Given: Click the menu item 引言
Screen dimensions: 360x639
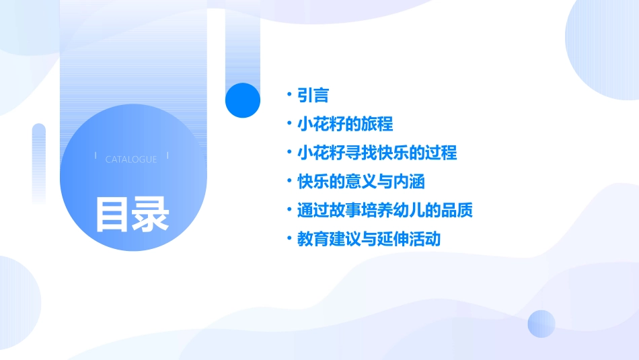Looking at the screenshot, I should pos(313,96).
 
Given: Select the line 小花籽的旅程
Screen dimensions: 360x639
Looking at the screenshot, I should pos(345,124).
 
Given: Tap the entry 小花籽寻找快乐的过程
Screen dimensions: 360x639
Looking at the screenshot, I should pos(377,153).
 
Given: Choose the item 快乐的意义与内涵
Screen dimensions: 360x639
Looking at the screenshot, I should pos(361,182).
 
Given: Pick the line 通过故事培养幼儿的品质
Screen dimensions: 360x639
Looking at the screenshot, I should pos(385,211).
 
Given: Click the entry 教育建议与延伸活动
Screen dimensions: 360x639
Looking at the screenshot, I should pos(369,239).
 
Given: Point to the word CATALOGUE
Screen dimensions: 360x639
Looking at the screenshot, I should pos(131,159).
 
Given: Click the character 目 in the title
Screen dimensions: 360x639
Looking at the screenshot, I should pos(112,215).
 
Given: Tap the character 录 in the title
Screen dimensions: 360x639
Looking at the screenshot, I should pos(151,215).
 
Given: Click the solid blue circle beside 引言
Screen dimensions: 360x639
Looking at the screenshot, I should pos(243,100).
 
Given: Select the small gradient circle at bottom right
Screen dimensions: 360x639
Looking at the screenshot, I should pos(541,324).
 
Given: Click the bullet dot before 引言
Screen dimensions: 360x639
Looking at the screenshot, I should pos(289,95).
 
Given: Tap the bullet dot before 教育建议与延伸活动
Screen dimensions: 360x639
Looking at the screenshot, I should pos(289,238).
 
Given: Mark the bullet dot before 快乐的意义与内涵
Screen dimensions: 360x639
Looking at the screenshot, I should pos(289,181).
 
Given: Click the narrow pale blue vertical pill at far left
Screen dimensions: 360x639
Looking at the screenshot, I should pos(39,161).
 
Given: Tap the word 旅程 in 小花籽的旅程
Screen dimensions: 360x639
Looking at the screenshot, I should pos(377,124).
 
